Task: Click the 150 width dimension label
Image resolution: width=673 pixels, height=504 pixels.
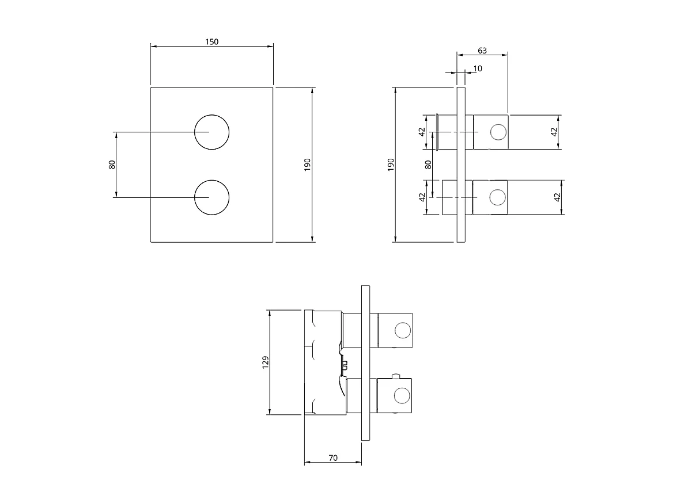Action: [211, 42]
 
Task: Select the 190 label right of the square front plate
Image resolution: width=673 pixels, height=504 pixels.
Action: [307, 165]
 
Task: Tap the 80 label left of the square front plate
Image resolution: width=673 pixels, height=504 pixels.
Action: [112, 164]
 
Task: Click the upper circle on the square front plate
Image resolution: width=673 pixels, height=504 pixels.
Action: [211, 132]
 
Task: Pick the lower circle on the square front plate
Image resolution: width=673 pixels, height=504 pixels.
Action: [211, 197]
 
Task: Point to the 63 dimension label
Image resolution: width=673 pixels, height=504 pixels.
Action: [482, 51]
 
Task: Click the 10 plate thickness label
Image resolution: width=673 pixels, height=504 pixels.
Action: [478, 68]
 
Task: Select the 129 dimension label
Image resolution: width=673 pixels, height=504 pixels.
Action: [265, 362]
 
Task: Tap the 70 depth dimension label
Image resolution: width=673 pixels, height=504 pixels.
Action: [332, 458]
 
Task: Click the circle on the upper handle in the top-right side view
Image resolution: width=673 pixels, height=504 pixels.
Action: [497, 132]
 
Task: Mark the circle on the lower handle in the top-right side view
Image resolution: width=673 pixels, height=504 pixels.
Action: [497, 197]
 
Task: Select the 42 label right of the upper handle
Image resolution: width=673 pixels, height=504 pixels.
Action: [554, 132]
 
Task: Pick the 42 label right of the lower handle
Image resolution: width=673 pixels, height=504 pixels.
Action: [557, 197]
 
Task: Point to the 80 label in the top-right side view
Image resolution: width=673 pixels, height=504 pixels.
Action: [428, 164]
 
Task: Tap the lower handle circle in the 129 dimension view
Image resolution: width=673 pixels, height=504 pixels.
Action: [402, 395]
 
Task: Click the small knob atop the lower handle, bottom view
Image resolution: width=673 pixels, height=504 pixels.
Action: [395, 377]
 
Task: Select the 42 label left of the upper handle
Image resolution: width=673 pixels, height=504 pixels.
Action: [421, 132]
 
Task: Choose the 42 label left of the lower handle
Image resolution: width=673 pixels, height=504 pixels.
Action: [422, 197]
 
